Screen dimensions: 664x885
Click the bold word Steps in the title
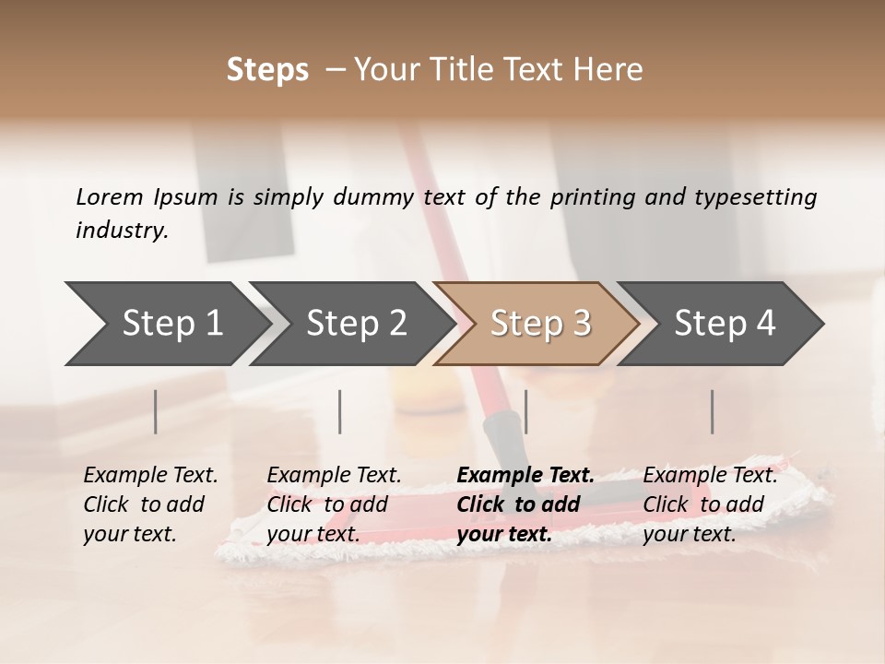[x=267, y=70]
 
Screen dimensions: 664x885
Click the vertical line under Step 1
[x=156, y=411]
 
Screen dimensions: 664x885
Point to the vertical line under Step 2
[x=340, y=411]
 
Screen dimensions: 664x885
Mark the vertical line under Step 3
[x=525, y=411]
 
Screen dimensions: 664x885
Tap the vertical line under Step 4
[x=713, y=411]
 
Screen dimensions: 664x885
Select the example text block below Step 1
[x=150, y=504]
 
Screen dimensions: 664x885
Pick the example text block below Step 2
[x=334, y=504]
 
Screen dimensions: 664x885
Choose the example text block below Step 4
[x=710, y=504]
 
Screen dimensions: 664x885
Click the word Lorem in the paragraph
[x=109, y=196]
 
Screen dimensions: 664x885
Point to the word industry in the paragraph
[x=121, y=230]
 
